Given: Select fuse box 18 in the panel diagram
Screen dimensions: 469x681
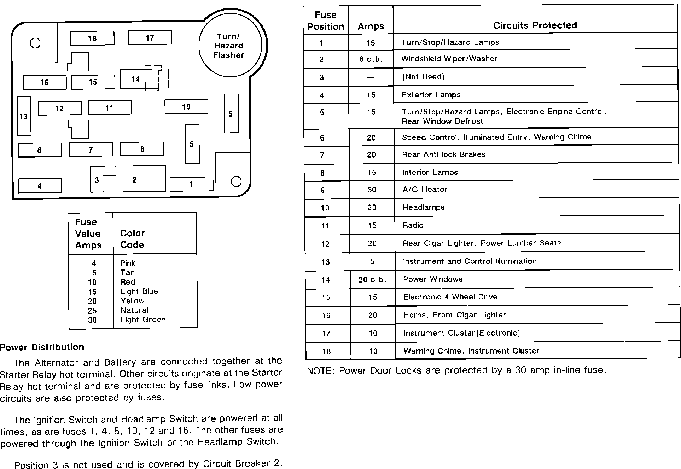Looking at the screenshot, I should [x=92, y=38].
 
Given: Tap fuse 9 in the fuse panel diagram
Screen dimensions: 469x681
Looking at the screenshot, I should [x=231, y=113].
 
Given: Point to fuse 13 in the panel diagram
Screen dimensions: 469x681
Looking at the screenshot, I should [x=24, y=116].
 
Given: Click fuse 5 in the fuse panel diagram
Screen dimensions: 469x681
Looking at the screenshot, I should [x=192, y=144].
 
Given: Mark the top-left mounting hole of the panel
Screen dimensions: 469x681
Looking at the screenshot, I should [x=35, y=43].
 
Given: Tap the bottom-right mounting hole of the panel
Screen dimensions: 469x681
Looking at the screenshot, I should [x=236, y=182].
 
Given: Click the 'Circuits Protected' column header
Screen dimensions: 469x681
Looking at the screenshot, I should [x=535, y=25].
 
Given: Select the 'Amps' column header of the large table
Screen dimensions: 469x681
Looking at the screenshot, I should [x=371, y=26].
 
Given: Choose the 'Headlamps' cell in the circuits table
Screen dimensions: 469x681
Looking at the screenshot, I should [x=424, y=207].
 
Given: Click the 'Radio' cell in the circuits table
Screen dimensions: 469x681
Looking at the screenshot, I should [x=413, y=225].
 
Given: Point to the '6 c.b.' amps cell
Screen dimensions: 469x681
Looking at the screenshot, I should [x=371, y=59].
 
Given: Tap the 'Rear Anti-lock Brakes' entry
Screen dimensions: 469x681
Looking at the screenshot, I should [x=444, y=154].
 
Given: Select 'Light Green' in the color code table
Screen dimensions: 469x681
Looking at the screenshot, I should [x=143, y=320].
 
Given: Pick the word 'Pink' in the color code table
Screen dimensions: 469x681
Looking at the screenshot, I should [x=128, y=263].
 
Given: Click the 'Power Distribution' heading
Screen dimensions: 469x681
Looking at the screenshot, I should [x=42, y=347].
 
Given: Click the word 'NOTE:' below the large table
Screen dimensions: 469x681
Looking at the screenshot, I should [x=320, y=371].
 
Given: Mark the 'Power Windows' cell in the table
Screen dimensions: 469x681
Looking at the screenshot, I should [x=433, y=279].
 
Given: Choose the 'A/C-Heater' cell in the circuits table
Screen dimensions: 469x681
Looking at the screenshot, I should [x=425, y=189].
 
